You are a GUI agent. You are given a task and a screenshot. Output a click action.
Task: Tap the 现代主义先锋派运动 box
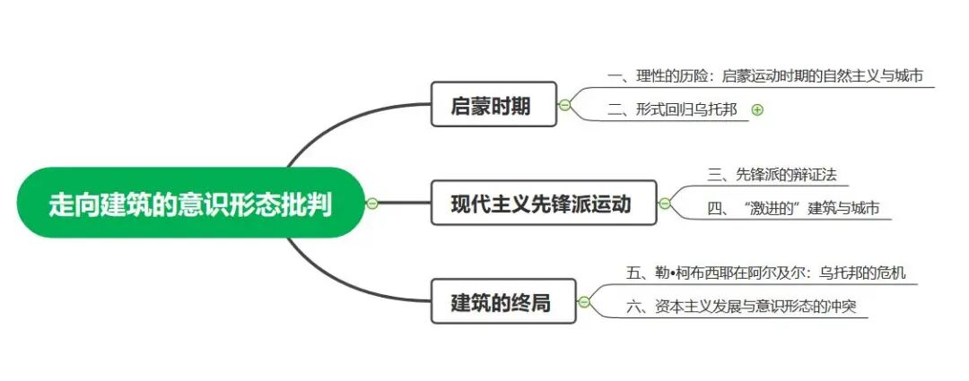pyautogui.click(x=540, y=203)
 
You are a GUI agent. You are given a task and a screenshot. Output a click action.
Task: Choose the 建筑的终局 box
pyautogui.click(x=500, y=303)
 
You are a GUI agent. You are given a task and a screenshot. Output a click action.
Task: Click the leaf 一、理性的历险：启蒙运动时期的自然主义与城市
pyautogui.click(x=764, y=76)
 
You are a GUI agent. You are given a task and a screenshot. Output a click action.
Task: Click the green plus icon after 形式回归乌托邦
pyautogui.click(x=757, y=109)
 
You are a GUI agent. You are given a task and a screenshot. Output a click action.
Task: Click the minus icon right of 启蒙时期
pyautogui.click(x=564, y=106)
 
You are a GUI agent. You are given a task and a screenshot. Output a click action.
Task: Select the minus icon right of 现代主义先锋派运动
pyautogui.click(x=664, y=203)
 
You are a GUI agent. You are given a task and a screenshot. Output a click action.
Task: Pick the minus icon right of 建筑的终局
pyautogui.click(x=584, y=302)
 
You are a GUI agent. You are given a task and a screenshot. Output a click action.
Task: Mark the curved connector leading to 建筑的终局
pyautogui.click(x=341, y=285)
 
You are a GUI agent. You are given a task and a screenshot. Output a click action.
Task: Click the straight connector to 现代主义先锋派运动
pyautogui.click(x=404, y=203)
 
